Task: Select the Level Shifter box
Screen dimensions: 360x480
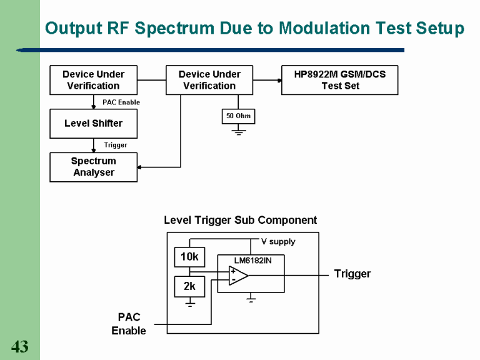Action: [93, 124]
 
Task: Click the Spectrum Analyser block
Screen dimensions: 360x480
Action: [93, 167]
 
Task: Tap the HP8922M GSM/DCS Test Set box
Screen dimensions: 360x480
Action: [339, 80]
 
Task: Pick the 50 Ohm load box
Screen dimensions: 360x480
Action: [238, 116]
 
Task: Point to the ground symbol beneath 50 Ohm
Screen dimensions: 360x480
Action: [238, 132]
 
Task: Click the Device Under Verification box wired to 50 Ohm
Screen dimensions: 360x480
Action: [209, 80]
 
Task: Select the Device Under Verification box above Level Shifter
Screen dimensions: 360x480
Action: [93, 80]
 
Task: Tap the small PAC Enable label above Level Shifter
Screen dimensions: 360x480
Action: [121, 102]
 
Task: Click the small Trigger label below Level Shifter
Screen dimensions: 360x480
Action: [116, 145]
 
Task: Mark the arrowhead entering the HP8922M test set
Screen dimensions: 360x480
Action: [277, 80]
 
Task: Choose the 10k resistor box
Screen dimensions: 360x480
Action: [189, 257]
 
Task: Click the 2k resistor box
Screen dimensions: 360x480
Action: [189, 286]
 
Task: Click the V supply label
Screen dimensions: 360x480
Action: [278, 241]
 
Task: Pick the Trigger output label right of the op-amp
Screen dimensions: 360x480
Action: [352, 274]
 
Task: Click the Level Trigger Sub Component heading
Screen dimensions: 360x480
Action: [240, 220]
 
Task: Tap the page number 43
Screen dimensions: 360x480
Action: [19, 347]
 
